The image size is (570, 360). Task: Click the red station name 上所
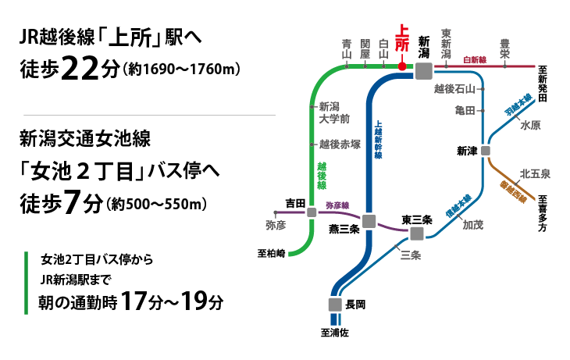pos(402,38)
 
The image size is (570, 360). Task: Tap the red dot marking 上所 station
pos(402,66)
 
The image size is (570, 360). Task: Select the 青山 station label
pos(347,49)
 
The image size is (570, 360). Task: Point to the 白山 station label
pos(383,49)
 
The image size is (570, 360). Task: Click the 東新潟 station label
pos(446,44)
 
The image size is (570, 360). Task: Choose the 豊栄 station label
pos(504,48)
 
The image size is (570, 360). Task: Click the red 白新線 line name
pos(475,59)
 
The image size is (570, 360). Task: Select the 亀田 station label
pos(465,111)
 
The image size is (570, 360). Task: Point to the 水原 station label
pos(531,125)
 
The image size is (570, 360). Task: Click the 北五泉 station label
pos(535,173)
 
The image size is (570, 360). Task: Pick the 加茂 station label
pos(473,225)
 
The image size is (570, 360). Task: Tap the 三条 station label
pos(411,255)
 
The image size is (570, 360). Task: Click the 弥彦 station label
pos(276,225)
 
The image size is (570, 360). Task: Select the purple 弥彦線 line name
pos(337,205)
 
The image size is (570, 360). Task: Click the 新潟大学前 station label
pos(333,112)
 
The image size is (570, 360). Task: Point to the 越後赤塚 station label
pos(340,144)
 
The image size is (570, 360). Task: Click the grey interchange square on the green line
pos(312,212)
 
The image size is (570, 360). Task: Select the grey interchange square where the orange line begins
pos(486,151)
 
